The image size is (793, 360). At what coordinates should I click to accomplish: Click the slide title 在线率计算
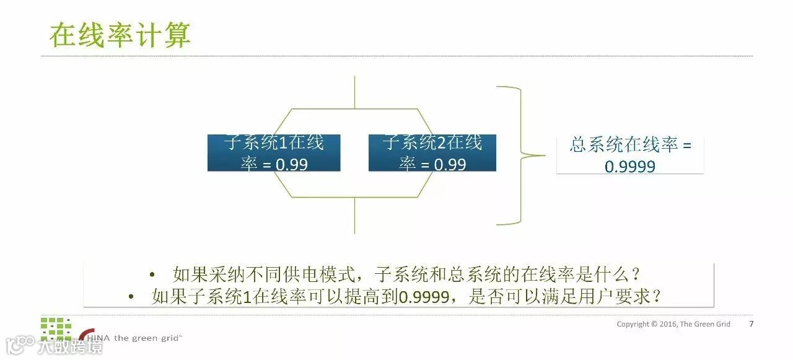click(x=120, y=35)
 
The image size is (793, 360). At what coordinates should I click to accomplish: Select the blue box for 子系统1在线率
click(x=273, y=153)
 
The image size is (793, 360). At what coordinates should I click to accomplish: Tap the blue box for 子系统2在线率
click(x=432, y=153)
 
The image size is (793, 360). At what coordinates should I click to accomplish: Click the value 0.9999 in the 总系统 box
click(x=629, y=166)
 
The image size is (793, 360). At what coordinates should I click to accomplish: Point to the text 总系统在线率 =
click(x=629, y=146)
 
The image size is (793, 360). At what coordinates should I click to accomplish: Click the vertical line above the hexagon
click(x=354, y=93)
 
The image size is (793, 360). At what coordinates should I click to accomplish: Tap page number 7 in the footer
click(x=751, y=323)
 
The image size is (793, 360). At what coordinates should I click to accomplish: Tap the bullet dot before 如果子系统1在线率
click(x=131, y=297)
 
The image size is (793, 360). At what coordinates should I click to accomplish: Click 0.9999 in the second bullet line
click(x=424, y=297)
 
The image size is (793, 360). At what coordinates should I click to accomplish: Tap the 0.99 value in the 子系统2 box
click(x=445, y=164)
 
